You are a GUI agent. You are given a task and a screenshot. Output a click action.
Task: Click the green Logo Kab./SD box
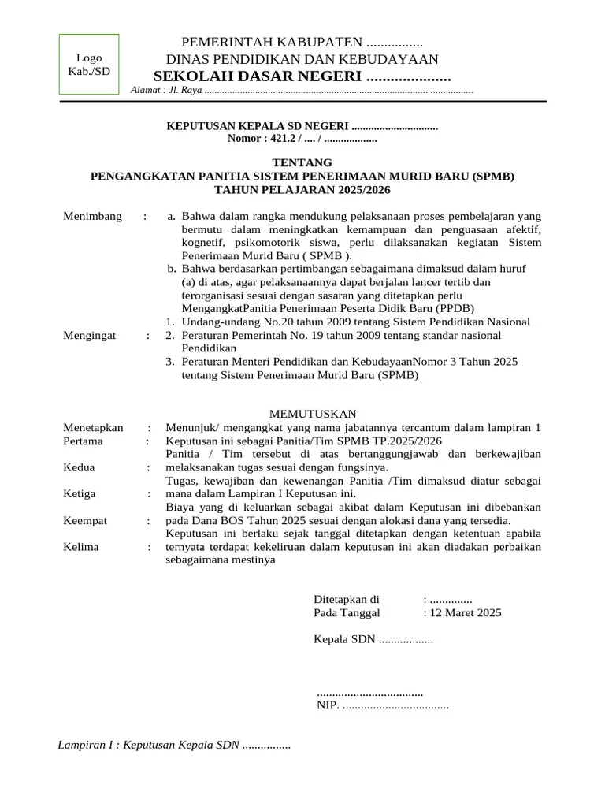(88, 65)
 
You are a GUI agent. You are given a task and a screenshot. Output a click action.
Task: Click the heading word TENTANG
(302, 162)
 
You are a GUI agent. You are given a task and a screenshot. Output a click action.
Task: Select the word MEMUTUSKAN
(314, 414)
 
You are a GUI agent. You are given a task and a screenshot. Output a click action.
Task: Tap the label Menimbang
(92, 217)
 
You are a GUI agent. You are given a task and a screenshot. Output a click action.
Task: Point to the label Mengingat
(89, 335)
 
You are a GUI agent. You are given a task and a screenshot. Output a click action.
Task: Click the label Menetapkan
(93, 427)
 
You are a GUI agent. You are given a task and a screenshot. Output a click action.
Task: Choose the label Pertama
(84, 441)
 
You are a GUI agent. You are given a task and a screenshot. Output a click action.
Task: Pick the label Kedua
(79, 467)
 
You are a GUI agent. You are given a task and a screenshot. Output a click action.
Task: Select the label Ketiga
(80, 494)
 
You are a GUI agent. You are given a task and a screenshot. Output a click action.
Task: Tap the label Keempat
(85, 521)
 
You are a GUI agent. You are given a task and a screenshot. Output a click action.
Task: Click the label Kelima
(81, 547)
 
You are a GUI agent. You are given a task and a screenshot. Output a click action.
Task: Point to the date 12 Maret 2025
(466, 612)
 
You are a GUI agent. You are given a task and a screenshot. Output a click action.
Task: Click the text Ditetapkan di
(347, 599)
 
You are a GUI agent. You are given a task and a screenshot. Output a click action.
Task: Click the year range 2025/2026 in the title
(358, 190)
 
